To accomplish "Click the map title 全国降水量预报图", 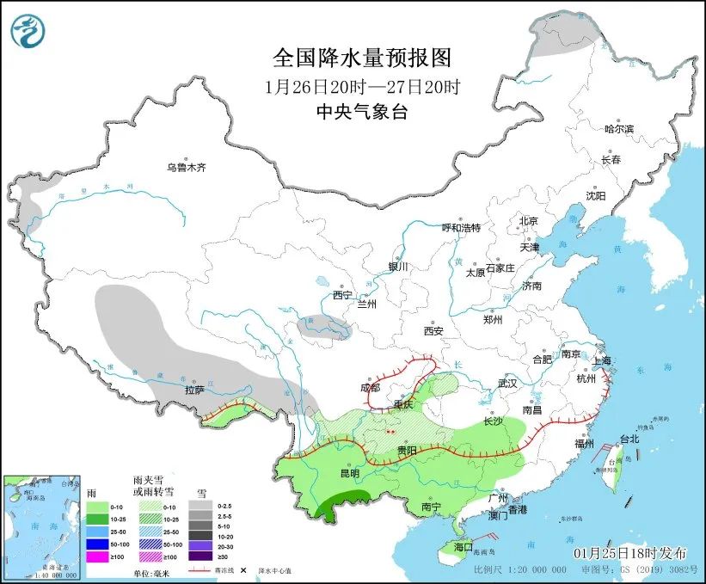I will point(361,58).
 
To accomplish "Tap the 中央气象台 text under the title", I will point(361,111).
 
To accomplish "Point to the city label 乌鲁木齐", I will point(187,167).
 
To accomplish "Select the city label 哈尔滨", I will point(619,129).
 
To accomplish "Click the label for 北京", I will point(528,221).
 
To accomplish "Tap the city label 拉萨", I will point(194,390).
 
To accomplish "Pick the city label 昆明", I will point(350,474).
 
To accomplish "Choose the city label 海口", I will point(464,546).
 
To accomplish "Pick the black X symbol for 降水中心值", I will point(243,570).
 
